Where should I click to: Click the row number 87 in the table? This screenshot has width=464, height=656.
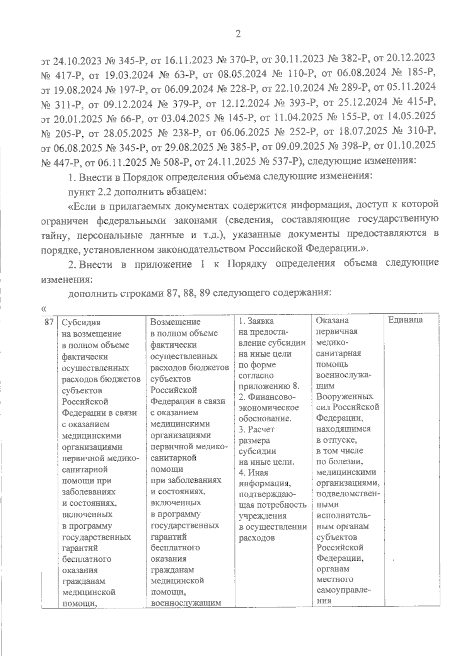tap(49, 321)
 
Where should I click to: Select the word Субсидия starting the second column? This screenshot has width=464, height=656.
tap(81, 322)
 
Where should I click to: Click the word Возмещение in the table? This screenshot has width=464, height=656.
tap(175, 322)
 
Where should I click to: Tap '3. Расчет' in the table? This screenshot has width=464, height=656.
tap(256, 429)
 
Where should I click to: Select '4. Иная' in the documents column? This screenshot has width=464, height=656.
tap(254, 472)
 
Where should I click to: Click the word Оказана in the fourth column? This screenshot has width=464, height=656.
tap(332, 320)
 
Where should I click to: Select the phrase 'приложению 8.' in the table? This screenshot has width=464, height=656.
tap(269, 386)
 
